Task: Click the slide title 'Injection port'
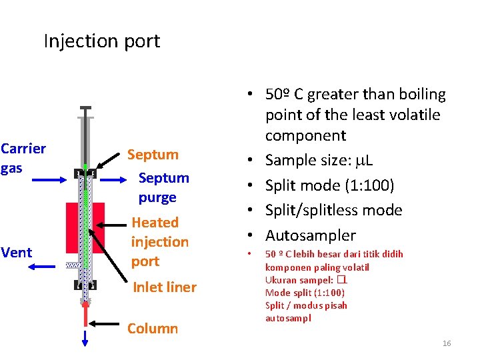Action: (x=101, y=41)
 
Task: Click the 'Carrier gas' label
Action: (x=23, y=158)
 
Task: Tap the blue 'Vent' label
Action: (x=17, y=253)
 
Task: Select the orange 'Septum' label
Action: (x=153, y=155)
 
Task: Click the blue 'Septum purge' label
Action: (x=163, y=187)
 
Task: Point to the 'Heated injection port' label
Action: (x=159, y=241)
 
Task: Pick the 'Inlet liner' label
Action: (x=165, y=287)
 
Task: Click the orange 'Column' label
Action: (x=153, y=328)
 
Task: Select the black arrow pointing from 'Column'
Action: (x=106, y=323)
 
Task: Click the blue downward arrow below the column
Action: (x=85, y=339)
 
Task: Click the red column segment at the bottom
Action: (x=85, y=313)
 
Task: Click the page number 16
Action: (x=447, y=343)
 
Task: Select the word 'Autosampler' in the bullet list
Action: (x=311, y=235)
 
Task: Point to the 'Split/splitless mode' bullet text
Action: (x=333, y=210)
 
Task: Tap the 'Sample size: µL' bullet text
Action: (x=319, y=160)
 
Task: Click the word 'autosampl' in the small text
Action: (x=288, y=318)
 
